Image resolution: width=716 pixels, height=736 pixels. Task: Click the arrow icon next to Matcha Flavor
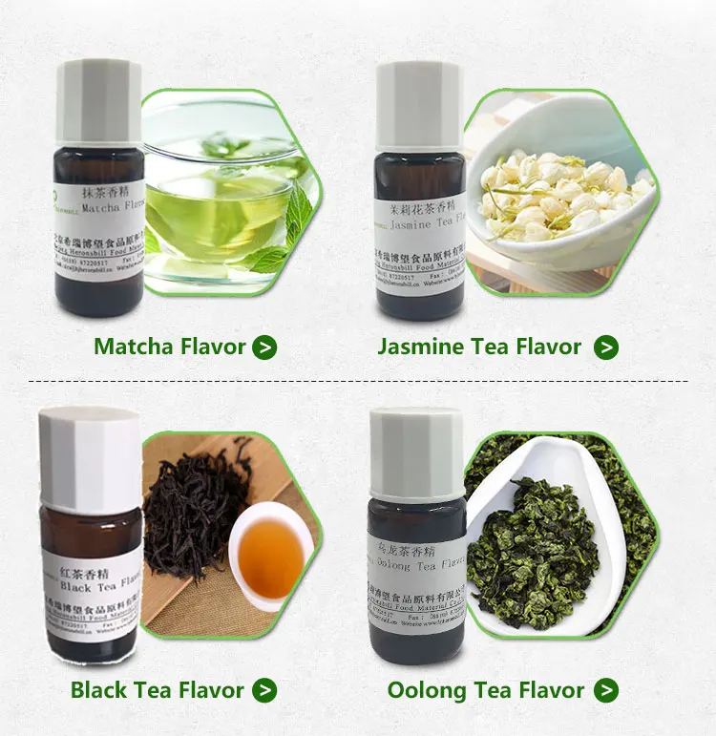coord(264,347)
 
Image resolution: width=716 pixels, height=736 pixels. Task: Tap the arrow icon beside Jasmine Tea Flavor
coord(605,347)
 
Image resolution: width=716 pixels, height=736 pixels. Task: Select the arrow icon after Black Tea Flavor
coord(264,690)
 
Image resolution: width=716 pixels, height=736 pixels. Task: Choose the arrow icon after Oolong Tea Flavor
coord(605,690)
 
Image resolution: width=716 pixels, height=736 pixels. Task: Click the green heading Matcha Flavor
coord(170,347)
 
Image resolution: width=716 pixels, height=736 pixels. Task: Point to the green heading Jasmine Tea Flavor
coord(479,347)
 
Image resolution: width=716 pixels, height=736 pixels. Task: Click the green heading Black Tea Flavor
coord(158,690)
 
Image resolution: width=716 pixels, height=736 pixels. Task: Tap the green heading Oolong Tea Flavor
coord(486,690)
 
